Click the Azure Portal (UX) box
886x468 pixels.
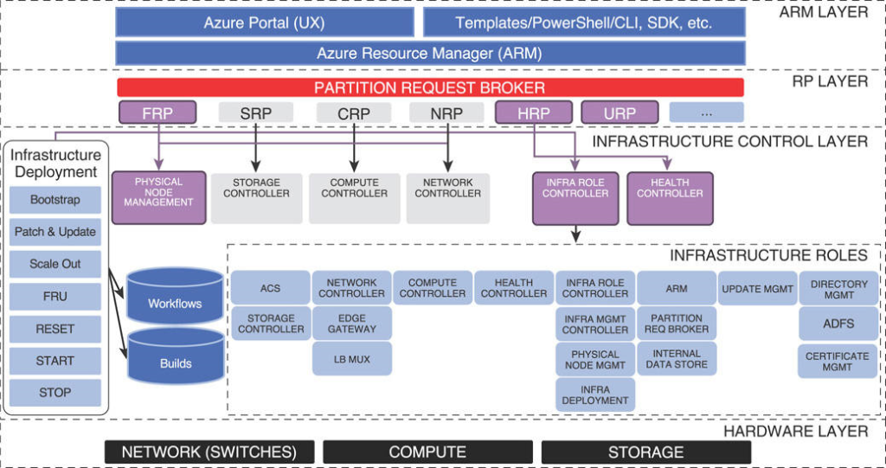tap(264, 22)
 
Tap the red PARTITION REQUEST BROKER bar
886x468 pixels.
tap(429, 87)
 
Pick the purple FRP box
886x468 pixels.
tap(157, 112)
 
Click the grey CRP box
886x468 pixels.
tap(353, 112)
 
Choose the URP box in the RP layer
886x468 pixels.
tap(620, 112)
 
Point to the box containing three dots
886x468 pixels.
tap(706, 112)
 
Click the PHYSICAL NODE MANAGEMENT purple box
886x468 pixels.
tap(158, 193)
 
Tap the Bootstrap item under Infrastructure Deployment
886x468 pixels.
tap(55, 200)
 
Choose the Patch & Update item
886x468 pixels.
tap(55, 232)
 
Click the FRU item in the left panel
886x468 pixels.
tap(55, 296)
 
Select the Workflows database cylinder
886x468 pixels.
tap(175, 298)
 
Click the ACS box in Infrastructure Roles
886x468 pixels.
tap(270, 288)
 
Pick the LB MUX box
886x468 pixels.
tap(352, 358)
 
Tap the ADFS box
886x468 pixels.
tap(838, 324)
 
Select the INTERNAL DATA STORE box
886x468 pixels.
tap(677, 359)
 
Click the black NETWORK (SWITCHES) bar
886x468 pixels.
tap(209, 452)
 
